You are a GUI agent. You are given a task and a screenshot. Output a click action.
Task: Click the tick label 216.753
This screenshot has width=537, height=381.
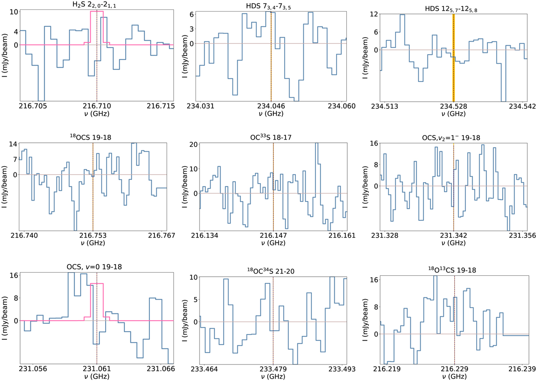point(93,237)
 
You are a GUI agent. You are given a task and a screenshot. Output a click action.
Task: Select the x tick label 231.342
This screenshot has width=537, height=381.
point(453,237)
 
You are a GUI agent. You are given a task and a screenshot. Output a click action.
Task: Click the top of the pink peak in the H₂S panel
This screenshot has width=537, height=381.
point(97,11)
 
